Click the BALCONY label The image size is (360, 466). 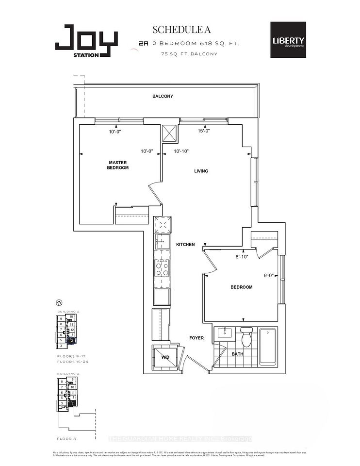tap(163, 96)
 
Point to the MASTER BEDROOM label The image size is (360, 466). tap(118, 165)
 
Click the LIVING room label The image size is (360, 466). tap(201, 171)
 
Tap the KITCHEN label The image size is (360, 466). tap(185, 245)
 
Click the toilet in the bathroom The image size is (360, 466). tap(246, 337)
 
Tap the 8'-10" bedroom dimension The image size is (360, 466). tap(241, 257)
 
